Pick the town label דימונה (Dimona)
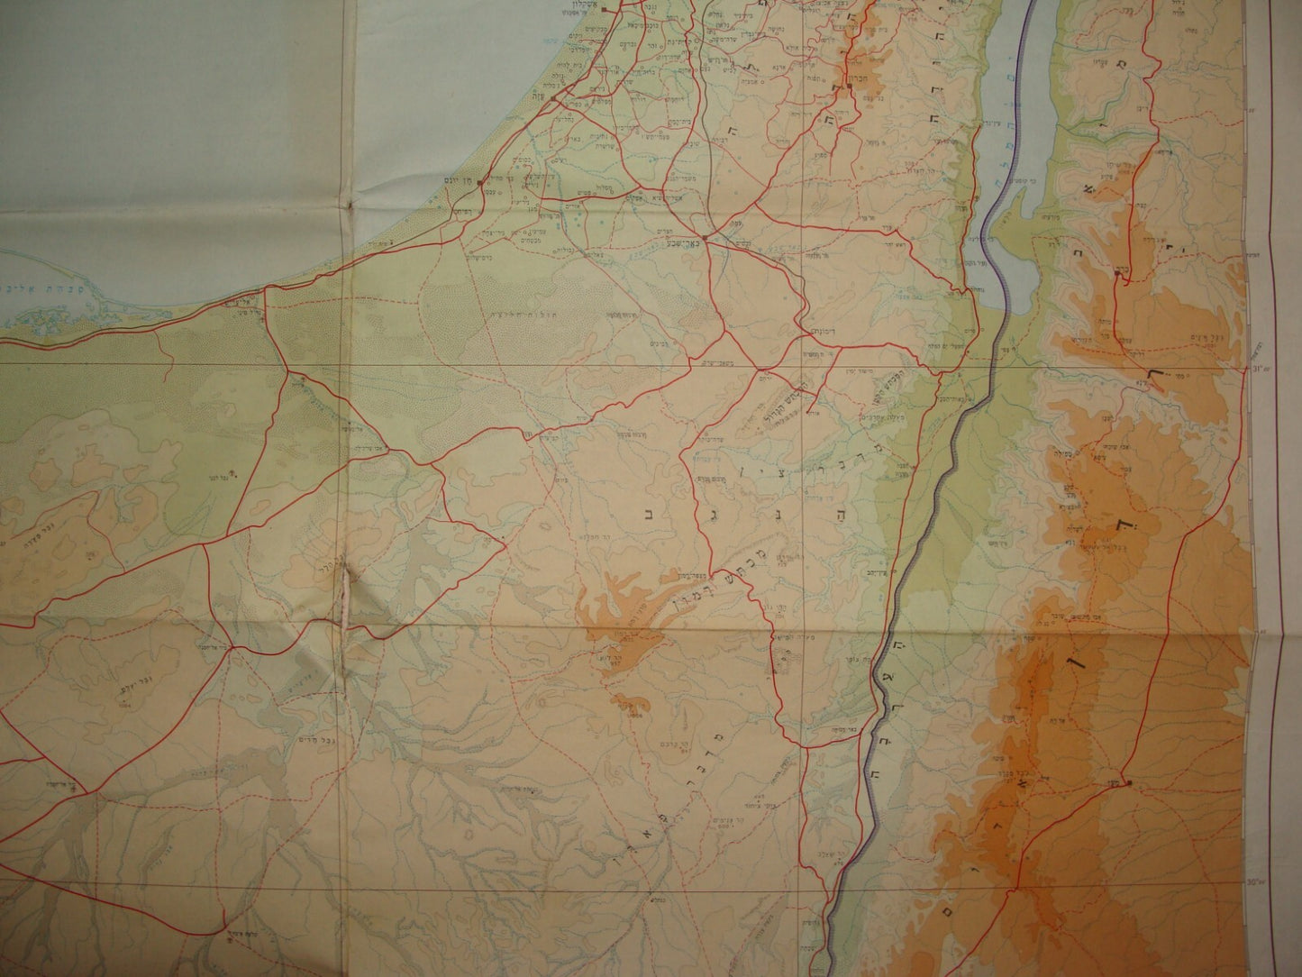[x=815, y=333]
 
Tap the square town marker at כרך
[x=1117, y=279]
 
